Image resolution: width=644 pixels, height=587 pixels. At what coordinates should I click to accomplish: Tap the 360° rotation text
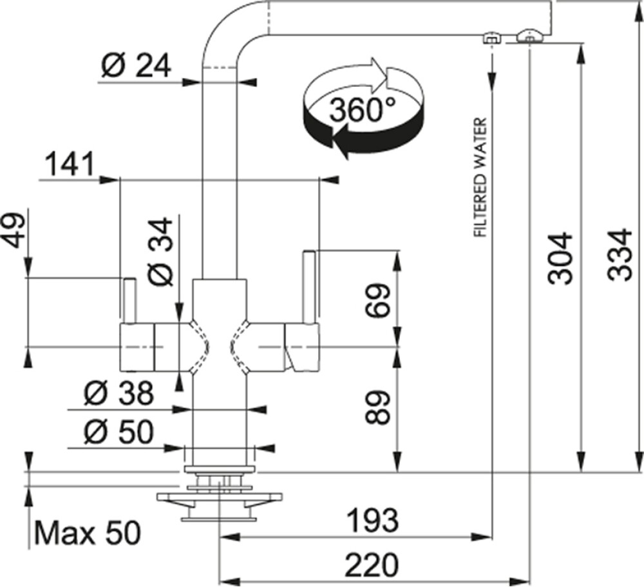point(362,110)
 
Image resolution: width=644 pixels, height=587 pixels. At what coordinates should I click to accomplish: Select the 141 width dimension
point(69,163)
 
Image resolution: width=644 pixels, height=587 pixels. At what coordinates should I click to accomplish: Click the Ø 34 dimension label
point(161,251)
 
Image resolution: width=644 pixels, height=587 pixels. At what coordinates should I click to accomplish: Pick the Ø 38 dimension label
point(118,393)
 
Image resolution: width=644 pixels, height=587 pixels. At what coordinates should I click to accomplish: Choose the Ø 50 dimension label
point(118,432)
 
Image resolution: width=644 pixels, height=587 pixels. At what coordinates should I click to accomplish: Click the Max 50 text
point(88,533)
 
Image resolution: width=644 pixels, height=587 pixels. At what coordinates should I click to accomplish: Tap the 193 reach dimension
point(372,519)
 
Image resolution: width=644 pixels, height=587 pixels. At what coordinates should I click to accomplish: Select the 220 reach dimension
point(372,565)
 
